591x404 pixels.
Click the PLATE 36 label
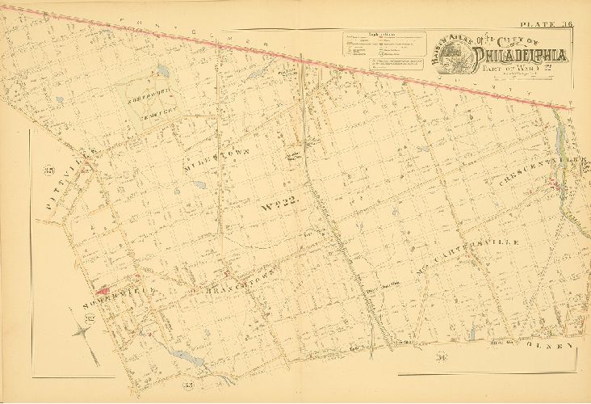pos(547,25)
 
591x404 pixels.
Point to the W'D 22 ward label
pos(280,207)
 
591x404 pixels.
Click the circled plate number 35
pos(48,169)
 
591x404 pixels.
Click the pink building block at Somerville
pos(103,288)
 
